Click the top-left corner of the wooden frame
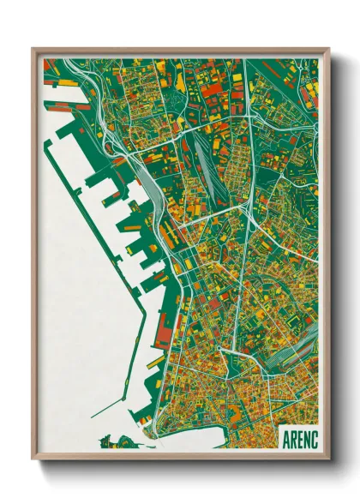[x=33, y=49]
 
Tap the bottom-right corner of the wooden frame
[x=328, y=459]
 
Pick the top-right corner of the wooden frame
[x=328, y=49]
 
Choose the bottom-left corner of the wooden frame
[x=33, y=459]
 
